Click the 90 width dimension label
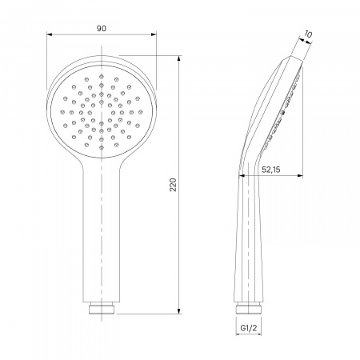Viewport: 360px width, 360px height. click(x=102, y=28)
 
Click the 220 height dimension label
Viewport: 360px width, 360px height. click(x=173, y=185)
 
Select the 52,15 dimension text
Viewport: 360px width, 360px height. click(x=271, y=170)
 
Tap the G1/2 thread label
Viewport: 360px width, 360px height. click(x=249, y=328)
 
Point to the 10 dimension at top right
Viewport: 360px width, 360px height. click(x=308, y=34)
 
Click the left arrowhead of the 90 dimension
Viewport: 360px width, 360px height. click(x=50, y=34)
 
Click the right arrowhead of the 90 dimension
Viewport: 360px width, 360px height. click(x=154, y=34)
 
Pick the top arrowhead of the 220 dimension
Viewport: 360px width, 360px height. click(x=179, y=58)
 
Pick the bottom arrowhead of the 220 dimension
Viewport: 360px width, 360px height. click(x=179, y=311)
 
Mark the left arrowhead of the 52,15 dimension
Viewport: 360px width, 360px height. click(x=242, y=175)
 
